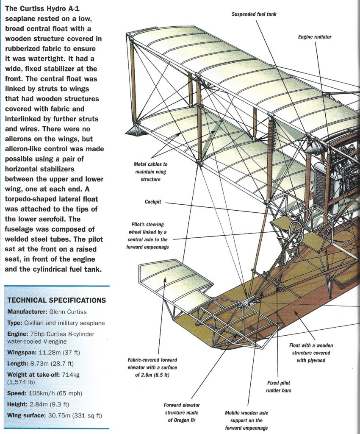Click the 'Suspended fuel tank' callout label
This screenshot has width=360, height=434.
click(254, 14)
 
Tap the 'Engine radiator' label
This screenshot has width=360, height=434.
click(315, 37)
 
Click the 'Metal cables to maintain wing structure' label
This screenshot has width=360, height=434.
click(150, 171)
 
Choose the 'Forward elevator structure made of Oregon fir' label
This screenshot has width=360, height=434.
click(182, 412)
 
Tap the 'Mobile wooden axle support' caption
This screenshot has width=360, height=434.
click(247, 420)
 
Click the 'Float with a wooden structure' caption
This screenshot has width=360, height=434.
click(310, 353)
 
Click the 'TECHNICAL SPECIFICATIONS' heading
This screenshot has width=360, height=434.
click(57, 300)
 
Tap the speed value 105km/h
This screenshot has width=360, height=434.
click(45, 393)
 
